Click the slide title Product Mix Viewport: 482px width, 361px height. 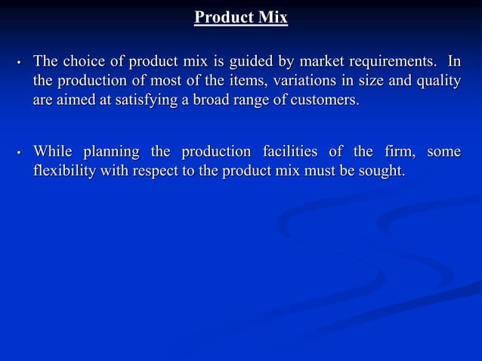point(241,17)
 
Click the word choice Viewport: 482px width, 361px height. point(82,60)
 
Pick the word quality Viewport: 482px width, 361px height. point(437,81)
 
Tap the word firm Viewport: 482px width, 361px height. point(395,152)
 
